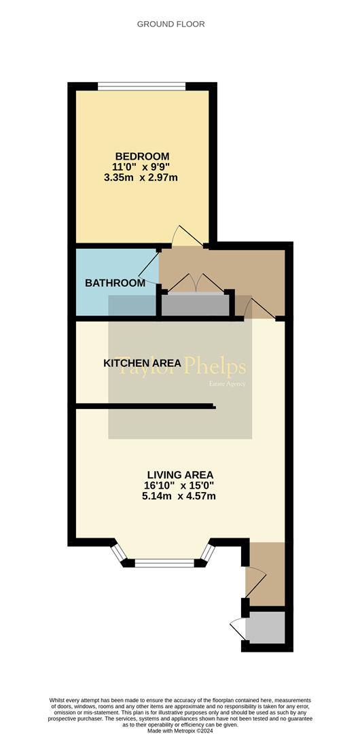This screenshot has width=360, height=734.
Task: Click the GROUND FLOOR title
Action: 170,24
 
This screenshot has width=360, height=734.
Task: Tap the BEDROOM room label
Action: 142,156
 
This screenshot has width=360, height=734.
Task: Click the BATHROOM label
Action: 115,283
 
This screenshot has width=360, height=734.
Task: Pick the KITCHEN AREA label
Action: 142,364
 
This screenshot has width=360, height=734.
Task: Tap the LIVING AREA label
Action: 180,474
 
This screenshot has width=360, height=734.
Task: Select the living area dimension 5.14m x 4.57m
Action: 180,496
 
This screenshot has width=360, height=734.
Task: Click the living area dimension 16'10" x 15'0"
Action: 180,485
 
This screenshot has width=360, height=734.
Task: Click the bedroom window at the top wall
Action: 142,86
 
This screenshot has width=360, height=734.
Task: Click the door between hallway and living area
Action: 259,309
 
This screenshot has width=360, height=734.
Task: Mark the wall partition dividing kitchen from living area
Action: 145,407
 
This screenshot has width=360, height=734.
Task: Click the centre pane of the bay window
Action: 164,562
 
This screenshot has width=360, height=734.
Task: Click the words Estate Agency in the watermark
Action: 227,385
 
